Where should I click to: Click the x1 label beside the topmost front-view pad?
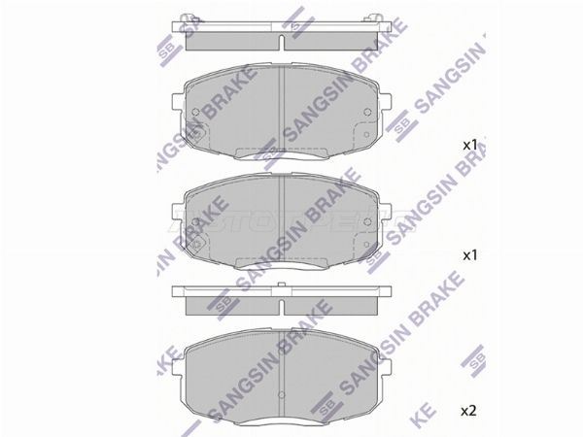[468, 146]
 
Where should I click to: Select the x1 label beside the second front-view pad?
[468, 255]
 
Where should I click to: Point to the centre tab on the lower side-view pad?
[280, 285]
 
